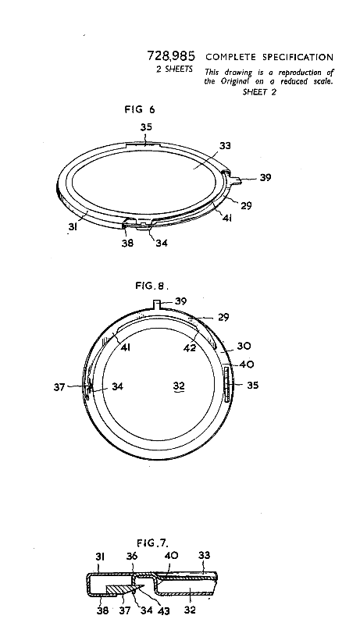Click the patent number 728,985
click(x=171, y=56)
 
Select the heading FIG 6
click(x=140, y=109)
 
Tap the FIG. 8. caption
click(x=152, y=286)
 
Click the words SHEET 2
click(x=259, y=92)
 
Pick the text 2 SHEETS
click(x=174, y=69)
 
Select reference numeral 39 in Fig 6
click(x=265, y=178)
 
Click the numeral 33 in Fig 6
click(x=225, y=146)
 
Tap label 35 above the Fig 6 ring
click(x=146, y=127)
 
